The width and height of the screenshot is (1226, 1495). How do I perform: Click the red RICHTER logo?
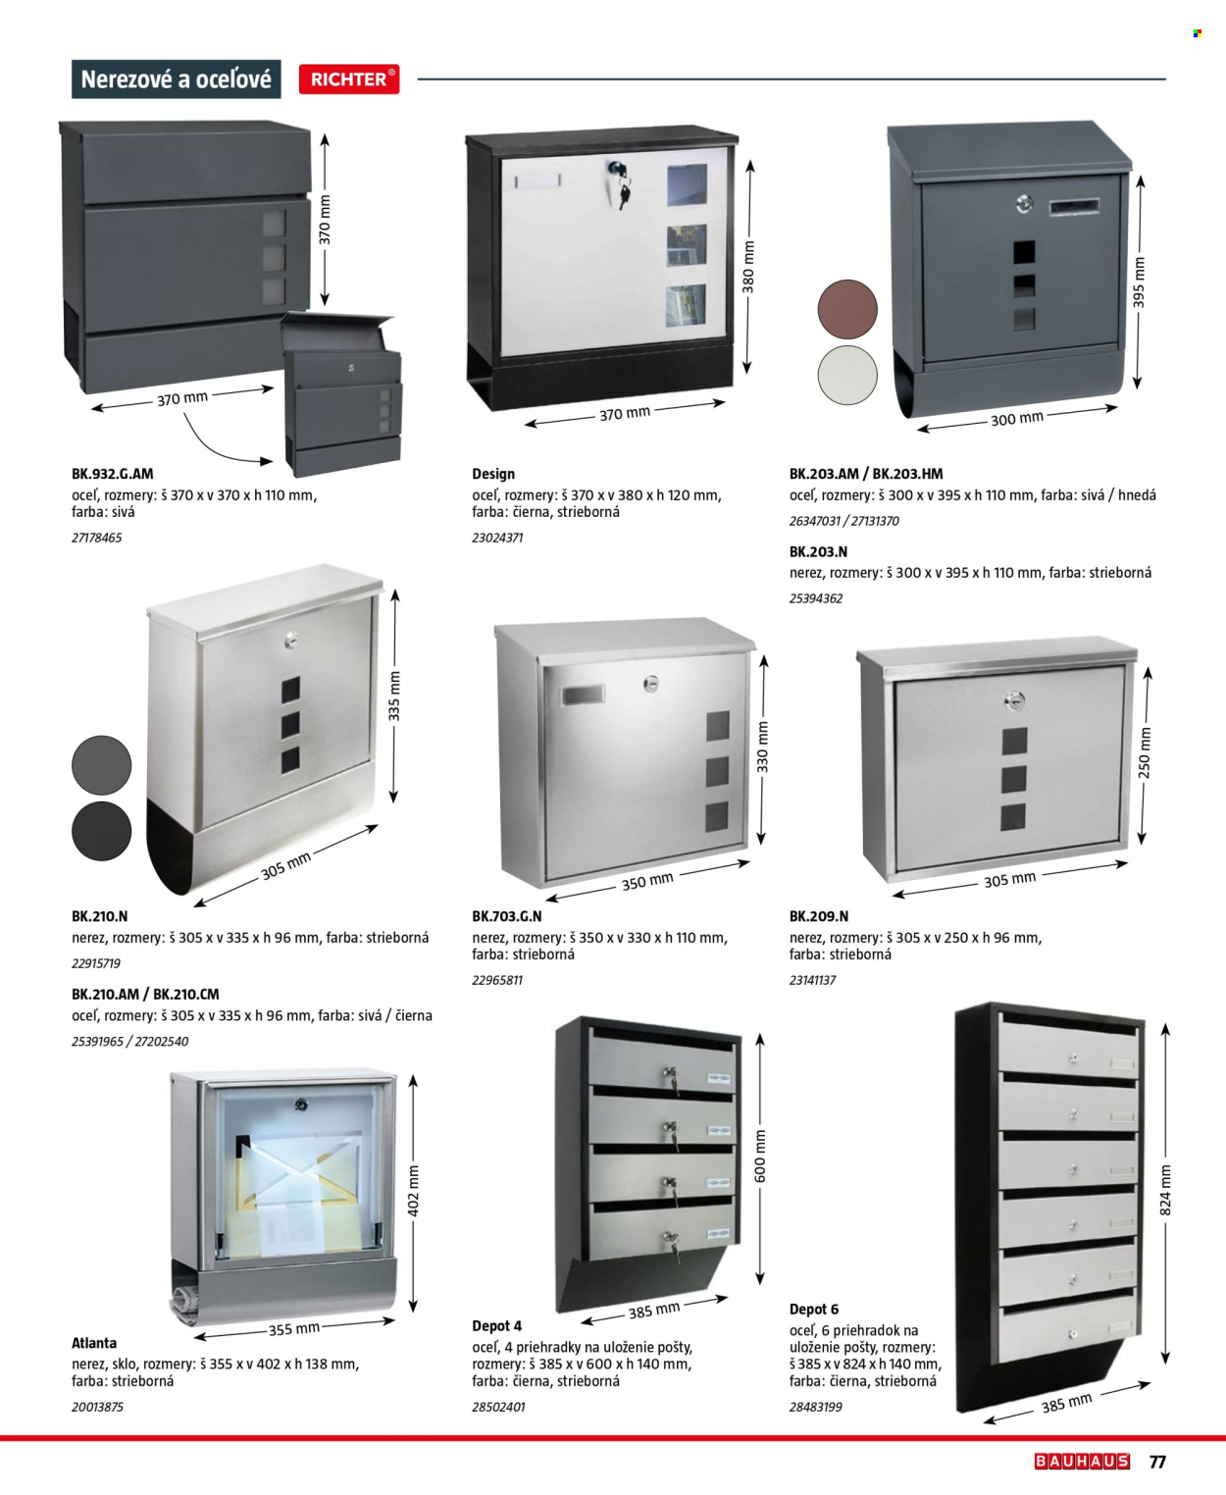[348, 78]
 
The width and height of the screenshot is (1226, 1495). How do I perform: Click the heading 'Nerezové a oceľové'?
[176, 78]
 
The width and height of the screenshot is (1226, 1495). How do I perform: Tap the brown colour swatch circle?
[847, 309]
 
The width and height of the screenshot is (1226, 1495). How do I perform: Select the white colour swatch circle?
[847, 375]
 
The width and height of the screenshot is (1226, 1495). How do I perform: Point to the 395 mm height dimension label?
[1139, 283]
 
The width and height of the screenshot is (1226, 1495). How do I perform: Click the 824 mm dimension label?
[1166, 1190]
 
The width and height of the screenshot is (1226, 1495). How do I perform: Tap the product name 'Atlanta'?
[94, 1343]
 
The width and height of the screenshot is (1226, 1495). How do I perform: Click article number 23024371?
[497, 538]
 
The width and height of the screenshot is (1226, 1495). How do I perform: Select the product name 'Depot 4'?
[497, 1325]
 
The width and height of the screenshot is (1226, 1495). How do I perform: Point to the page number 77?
[1157, 1461]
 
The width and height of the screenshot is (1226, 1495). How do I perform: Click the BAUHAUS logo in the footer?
[1082, 1461]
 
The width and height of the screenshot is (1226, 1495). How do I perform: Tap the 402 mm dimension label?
[414, 1191]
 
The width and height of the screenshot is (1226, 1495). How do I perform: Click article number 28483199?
[816, 1407]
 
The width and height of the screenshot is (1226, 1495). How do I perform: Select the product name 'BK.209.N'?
[819, 916]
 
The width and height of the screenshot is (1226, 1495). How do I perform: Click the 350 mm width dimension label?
[647, 882]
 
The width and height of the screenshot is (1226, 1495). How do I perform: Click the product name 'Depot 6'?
[814, 1309]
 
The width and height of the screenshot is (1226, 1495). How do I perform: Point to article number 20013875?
[98, 1407]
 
